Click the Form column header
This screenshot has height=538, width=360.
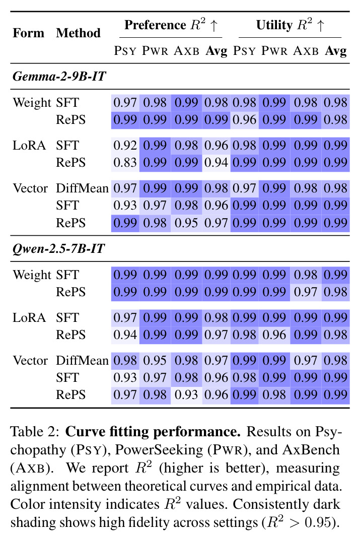click(x=29, y=33)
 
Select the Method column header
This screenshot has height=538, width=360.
click(x=78, y=33)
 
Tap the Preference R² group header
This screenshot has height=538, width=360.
click(x=171, y=25)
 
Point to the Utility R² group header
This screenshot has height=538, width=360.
click(x=290, y=25)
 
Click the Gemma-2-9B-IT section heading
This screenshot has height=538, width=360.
click(x=59, y=76)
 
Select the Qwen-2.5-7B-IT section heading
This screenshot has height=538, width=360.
click(x=58, y=248)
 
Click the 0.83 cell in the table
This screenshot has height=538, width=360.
click(x=125, y=163)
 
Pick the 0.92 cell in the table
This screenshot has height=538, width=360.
click(x=125, y=146)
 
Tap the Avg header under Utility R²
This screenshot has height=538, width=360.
click(x=335, y=51)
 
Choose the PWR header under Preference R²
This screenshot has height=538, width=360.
click(x=155, y=51)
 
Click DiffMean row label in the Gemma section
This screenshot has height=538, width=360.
click(x=82, y=188)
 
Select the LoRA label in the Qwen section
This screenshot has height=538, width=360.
click(x=29, y=318)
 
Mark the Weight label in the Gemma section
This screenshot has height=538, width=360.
click(x=32, y=103)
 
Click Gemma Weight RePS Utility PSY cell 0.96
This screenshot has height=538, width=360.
click(x=244, y=120)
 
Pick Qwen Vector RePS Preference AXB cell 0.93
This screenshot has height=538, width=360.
click(x=186, y=394)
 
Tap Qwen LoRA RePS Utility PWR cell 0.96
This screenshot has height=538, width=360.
click(x=274, y=335)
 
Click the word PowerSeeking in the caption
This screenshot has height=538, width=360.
click(x=159, y=450)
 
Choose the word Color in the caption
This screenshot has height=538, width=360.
click(x=28, y=504)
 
